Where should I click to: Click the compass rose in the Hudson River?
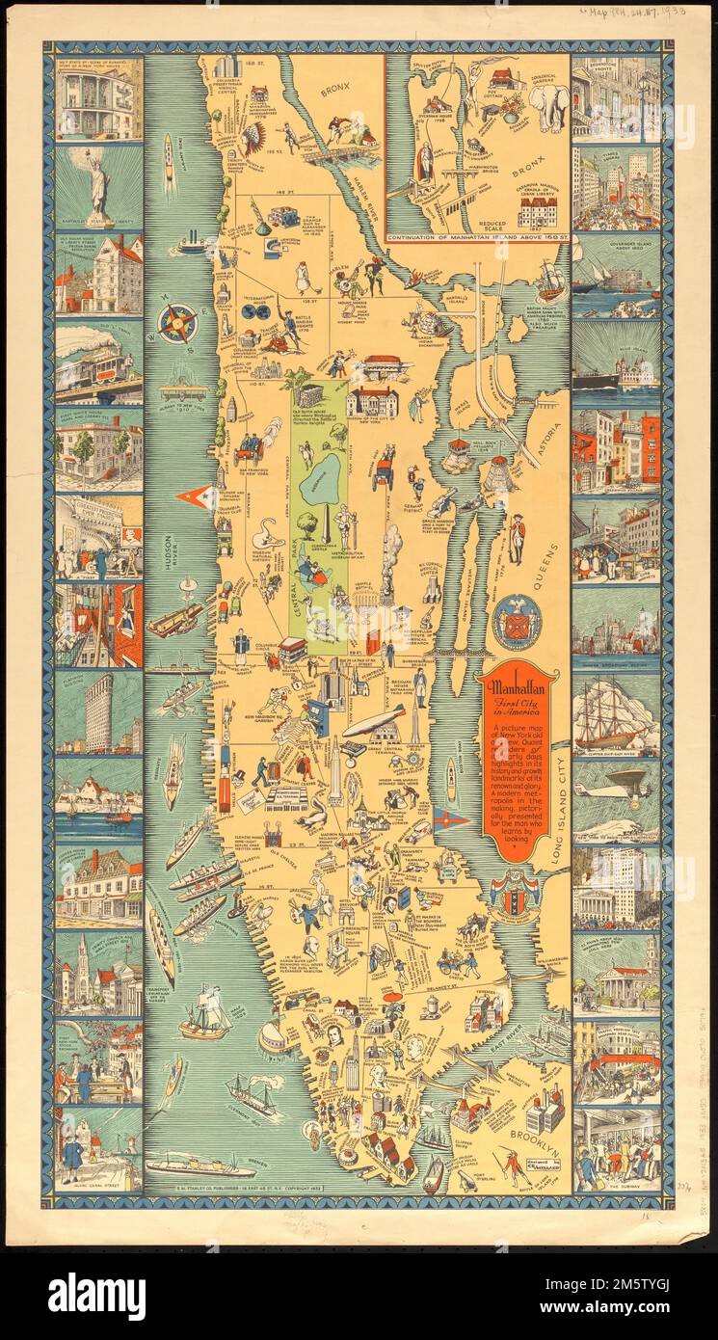click(177, 324)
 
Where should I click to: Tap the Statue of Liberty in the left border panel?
click(98, 187)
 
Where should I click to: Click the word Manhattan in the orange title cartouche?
click(518, 689)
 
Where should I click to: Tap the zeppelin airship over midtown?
click(374, 723)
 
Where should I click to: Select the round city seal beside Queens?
click(517, 622)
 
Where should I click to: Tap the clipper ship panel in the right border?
click(617, 713)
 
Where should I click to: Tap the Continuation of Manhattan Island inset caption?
click(475, 236)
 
